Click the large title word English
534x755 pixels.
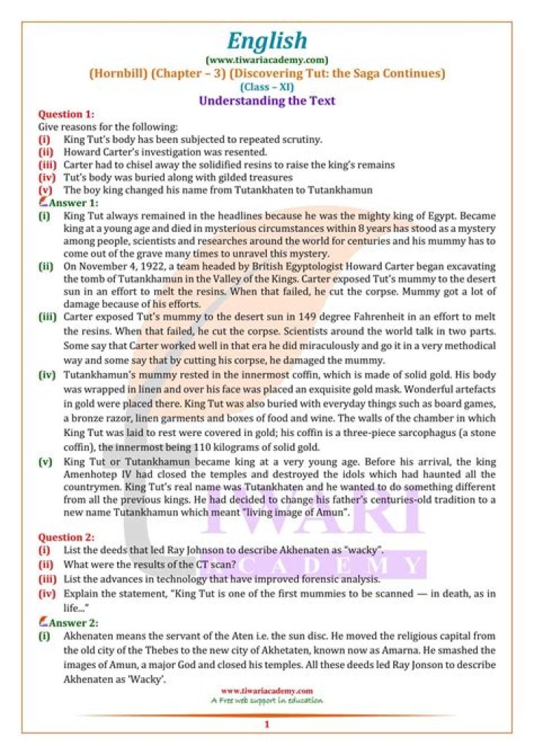click(x=266, y=40)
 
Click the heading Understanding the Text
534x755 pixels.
click(x=266, y=100)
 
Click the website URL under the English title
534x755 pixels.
click(x=266, y=59)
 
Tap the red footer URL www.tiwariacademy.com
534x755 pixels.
click(x=266, y=690)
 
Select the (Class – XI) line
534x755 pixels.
click(x=266, y=86)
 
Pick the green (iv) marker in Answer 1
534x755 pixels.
click(x=46, y=375)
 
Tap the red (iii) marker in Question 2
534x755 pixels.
click(x=46, y=579)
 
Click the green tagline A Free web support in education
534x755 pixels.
click(x=266, y=699)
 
